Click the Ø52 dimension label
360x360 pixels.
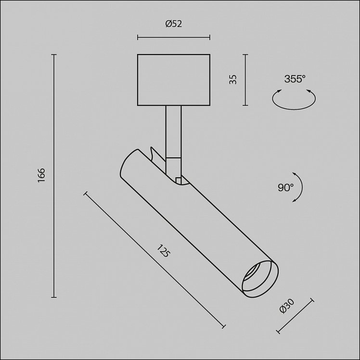(x=174, y=24)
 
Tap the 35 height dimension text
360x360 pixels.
(x=233, y=79)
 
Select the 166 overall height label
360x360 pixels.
(x=41, y=175)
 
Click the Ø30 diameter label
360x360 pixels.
(x=287, y=306)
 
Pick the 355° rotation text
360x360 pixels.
(x=295, y=79)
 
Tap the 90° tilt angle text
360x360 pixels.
(x=285, y=187)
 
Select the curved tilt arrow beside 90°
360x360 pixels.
(x=301, y=187)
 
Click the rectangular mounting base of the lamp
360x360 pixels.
(x=174, y=80)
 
